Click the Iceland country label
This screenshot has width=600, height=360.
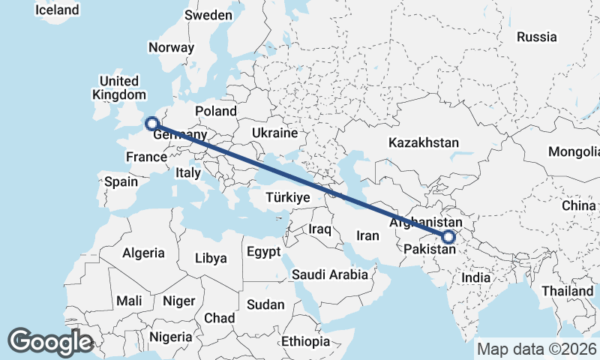[x=57, y=10]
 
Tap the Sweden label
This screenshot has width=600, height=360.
[x=208, y=15]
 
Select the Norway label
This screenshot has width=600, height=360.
[x=171, y=47]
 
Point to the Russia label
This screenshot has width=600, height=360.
[x=537, y=37]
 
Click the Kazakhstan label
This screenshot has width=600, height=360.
[x=424, y=142]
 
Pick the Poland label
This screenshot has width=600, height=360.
[x=215, y=111]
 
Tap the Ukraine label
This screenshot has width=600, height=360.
[x=274, y=132]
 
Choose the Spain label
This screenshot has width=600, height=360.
[x=121, y=181]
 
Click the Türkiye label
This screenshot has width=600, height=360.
[x=288, y=197]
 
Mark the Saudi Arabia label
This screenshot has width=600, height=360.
[x=330, y=274]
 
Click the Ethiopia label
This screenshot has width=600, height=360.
[x=305, y=341]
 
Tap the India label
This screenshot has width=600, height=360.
[x=476, y=277]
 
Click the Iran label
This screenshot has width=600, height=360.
[x=367, y=235]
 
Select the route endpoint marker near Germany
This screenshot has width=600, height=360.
[x=151, y=124]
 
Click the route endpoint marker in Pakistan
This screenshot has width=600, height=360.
[x=448, y=238]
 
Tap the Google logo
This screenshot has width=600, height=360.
[x=50, y=341]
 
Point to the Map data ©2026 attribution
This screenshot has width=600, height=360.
[x=537, y=349]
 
